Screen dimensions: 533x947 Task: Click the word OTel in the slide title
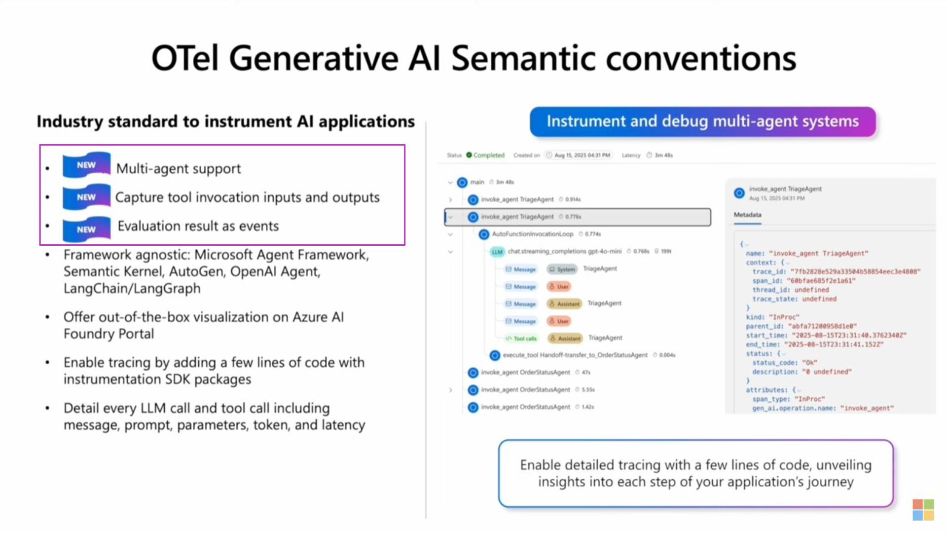(x=184, y=58)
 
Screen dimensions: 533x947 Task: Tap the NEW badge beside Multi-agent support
(x=86, y=165)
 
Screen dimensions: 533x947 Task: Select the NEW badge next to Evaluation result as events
(x=86, y=229)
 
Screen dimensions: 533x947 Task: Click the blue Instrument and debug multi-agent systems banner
(x=702, y=121)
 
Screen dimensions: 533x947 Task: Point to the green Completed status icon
(x=469, y=155)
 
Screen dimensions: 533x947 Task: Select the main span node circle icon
(x=462, y=183)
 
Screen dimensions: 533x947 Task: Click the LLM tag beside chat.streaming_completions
(x=497, y=252)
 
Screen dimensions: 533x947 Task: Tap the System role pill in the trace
(x=562, y=269)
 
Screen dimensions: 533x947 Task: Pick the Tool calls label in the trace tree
(x=524, y=339)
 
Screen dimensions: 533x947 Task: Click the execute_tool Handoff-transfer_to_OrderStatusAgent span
(x=575, y=355)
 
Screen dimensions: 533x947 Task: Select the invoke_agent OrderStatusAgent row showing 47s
(x=525, y=373)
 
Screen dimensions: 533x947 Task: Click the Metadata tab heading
(x=747, y=215)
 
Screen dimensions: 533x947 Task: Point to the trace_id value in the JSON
(x=855, y=271)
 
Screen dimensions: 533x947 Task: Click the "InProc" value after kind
(x=784, y=317)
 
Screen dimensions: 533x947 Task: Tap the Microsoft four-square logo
(x=923, y=509)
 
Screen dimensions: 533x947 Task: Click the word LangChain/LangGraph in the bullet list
(x=132, y=288)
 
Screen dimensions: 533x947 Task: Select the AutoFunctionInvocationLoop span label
(x=532, y=234)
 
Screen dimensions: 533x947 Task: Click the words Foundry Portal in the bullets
(x=109, y=334)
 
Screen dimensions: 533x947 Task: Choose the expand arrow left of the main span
(x=450, y=183)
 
